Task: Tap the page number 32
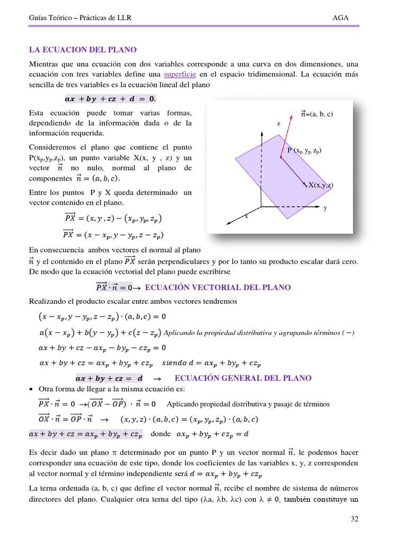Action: [x=355, y=519]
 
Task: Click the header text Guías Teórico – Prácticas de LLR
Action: [x=79, y=18]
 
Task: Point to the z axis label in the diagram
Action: [x=279, y=123]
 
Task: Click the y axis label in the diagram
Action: [x=325, y=208]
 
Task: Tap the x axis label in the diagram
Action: [x=246, y=216]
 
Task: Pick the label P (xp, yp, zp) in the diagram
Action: [x=304, y=151]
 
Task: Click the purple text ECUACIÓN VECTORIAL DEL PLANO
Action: [x=217, y=287]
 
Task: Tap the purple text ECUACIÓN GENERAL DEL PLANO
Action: [x=243, y=378]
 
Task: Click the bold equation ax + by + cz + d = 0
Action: [x=110, y=98]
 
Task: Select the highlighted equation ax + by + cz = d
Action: [x=109, y=378]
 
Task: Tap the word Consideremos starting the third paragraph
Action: [x=53, y=147]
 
